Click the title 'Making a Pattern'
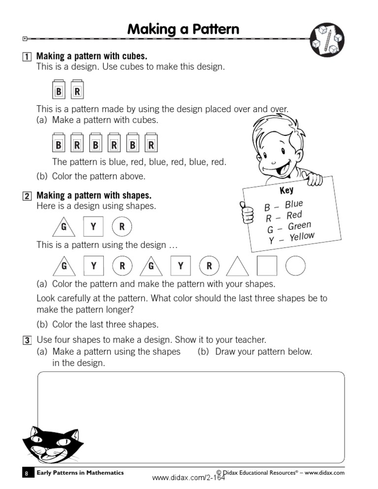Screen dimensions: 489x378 coord(183,30)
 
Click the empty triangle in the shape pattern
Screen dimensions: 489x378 coord(238,267)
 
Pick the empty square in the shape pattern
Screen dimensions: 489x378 coord(267,266)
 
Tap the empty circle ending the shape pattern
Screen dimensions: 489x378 coord(296,266)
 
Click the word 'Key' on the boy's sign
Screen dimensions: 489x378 coord(286,190)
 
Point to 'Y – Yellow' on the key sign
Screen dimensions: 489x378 coord(291,238)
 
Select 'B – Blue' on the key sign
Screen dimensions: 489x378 coord(284,206)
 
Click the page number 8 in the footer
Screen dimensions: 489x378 coord(27,473)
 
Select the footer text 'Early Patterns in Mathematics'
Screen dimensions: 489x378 coord(80,473)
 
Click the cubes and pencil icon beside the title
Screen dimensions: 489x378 coord(327,39)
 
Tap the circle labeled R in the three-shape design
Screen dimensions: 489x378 coord(122,227)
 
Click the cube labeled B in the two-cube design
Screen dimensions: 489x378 coord(59,91)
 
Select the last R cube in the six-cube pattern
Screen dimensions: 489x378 coord(151,145)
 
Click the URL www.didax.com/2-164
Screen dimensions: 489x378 coord(189,478)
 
